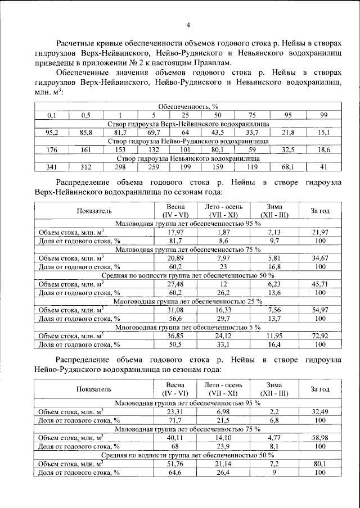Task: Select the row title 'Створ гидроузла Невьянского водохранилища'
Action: [180, 158]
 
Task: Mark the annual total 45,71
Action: [320, 284]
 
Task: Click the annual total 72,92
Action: [320, 335]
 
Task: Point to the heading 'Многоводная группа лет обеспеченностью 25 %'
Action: [188, 301]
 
